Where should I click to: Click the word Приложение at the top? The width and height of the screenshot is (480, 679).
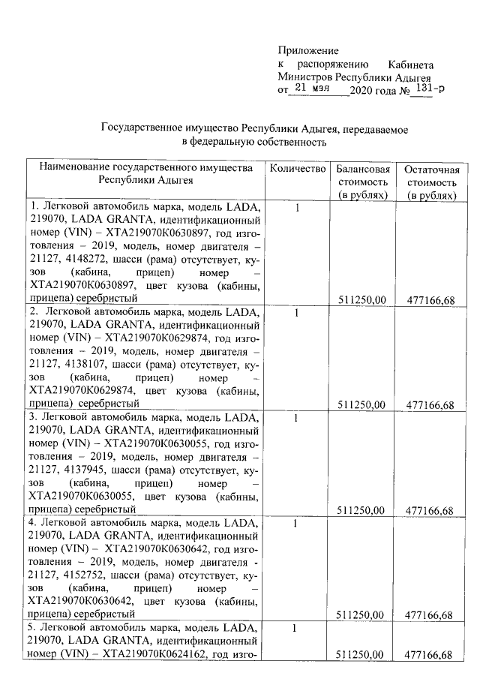click(308, 50)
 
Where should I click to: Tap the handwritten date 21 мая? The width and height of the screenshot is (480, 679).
click(312, 89)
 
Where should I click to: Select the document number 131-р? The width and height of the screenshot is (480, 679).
click(430, 89)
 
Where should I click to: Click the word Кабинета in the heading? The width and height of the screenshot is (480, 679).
click(411, 65)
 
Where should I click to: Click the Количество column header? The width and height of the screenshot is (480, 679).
click(298, 169)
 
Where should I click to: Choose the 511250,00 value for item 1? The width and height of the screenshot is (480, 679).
click(362, 299)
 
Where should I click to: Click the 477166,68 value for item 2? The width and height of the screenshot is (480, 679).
click(430, 405)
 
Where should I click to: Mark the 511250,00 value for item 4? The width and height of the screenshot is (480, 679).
click(362, 615)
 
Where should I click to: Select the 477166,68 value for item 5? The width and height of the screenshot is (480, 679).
click(430, 655)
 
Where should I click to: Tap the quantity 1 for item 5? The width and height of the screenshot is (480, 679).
click(297, 628)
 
